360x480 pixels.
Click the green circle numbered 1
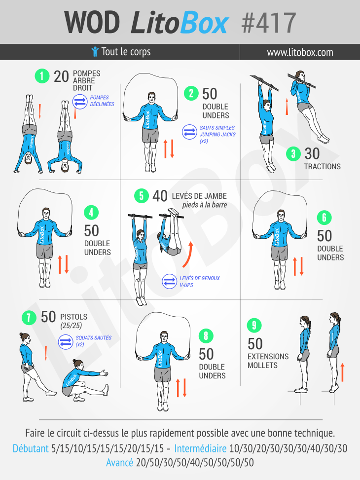click(x=42, y=75)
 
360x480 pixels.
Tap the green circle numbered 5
click(x=142, y=196)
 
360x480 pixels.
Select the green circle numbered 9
click(x=254, y=325)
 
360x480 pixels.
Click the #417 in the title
click(x=268, y=23)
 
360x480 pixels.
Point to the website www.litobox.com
click(x=300, y=52)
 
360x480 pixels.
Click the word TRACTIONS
click(x=323, y=167)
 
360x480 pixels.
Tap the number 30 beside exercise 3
click(x=312, y=154)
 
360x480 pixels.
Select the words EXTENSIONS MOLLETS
click(x=268, y=361)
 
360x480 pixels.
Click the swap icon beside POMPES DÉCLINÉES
click(x=80, y=102)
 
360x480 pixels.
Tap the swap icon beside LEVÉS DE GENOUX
click(x=169, y=281)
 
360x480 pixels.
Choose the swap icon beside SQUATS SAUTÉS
click(x=66, y=341)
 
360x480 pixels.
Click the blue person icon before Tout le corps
click(x=95, y=52)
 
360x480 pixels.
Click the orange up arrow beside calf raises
click(x=343, y=372)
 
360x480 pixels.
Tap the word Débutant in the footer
click(x=31, y=448)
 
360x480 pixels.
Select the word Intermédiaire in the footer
click(x=201, y=448)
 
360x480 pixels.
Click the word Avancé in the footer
click(x=120, y=462)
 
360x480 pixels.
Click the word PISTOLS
click(x=74, y=317)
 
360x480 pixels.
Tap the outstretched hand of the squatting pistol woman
click(x=104, y=373)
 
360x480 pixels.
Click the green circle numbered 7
click(x=29, y=317)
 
